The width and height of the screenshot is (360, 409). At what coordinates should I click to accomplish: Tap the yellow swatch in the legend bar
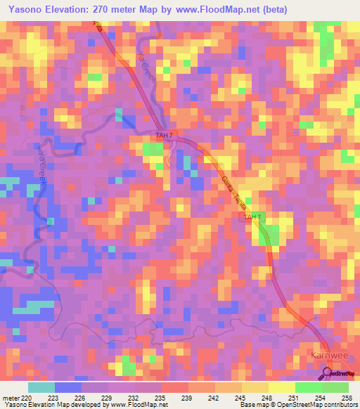[x=282, y=387]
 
